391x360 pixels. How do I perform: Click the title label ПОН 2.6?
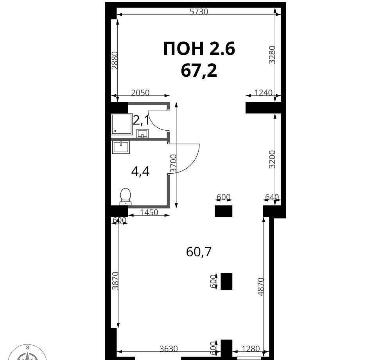(199, 49)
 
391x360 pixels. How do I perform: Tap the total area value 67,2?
(199, 70)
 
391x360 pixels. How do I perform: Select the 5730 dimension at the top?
(199, 11)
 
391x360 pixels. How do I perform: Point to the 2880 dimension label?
(115, 60)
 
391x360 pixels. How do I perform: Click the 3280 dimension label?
(272, 55)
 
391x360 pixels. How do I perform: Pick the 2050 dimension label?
(140, 93)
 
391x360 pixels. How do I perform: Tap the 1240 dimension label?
(263, 93)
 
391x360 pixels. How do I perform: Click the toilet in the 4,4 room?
(126, 196)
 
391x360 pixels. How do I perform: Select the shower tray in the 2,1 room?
(122, 124)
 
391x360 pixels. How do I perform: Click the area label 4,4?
(140, 171)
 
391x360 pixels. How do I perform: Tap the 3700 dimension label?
(173, 164)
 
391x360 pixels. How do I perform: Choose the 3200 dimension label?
(272, 159)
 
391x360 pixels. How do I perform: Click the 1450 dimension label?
(149, 212)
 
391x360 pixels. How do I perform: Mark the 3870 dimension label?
(115, 281)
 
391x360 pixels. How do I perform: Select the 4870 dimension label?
(260, 287)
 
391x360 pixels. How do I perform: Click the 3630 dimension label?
(169, 349)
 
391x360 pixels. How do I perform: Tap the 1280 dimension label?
(251, 349)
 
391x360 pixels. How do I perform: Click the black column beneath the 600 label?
(224, 211)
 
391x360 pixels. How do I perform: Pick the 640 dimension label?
(272, 197)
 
